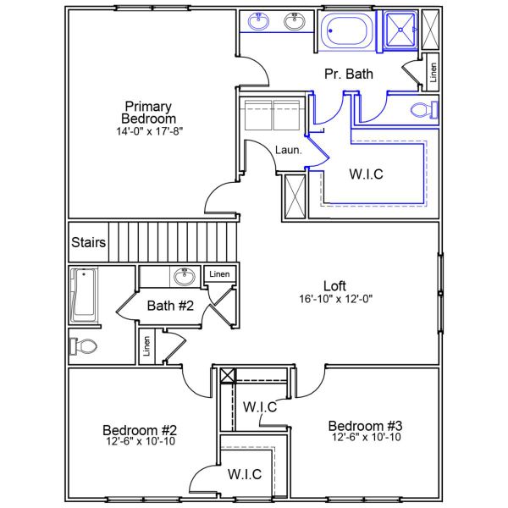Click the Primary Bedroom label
point(148,113)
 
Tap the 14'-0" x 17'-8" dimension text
point(149,131)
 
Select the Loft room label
point(335,285)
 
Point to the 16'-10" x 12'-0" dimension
point(335,299)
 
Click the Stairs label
point(88,243)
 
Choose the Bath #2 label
point(171,305)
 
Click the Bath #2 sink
point(183,275)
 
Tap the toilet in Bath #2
point(84,346)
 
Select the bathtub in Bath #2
point(84,295)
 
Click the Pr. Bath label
point(349,75)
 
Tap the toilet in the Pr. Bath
point(423,109)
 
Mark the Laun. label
point(284,151)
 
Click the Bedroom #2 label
point(140,429)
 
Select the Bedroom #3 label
point(366,425)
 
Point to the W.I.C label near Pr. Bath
point(367,174)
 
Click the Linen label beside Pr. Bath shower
point(432,73)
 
